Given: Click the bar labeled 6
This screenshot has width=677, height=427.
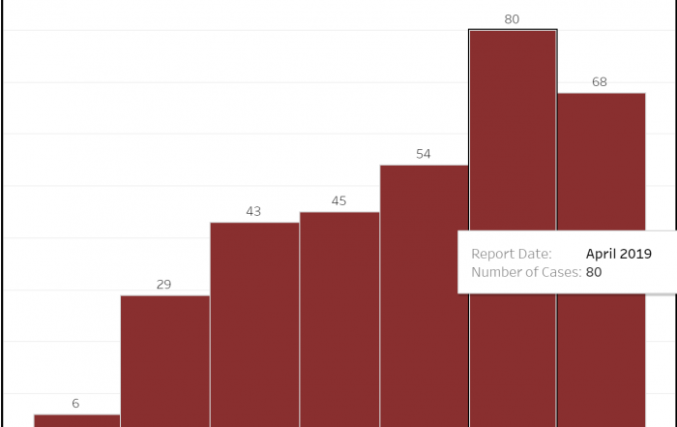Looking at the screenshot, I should (76, 420).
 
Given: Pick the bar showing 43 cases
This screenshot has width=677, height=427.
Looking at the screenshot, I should (254, 324).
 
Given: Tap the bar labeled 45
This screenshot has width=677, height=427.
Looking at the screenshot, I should (339, 319).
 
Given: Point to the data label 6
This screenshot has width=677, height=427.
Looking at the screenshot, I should (75, 403).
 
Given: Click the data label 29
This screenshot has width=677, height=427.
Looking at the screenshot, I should (163, 285).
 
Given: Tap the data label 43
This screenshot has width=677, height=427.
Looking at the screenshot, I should (253, 211).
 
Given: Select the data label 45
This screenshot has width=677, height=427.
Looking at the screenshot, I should (339, 201).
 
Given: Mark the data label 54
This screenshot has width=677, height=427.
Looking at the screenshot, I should (424, 154).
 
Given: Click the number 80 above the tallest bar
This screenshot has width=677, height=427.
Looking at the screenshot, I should (513, 18).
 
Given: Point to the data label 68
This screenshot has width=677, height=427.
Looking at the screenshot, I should (600, 82).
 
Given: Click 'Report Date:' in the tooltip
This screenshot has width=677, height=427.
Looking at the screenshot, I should (512, 254).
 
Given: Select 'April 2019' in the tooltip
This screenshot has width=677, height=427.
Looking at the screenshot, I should (619, 254).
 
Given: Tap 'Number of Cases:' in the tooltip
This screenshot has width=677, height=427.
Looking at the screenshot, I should (526, 272).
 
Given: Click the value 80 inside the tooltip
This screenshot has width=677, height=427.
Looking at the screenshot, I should (594, 272).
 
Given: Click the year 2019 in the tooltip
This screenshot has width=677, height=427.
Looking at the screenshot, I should (637, 254).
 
